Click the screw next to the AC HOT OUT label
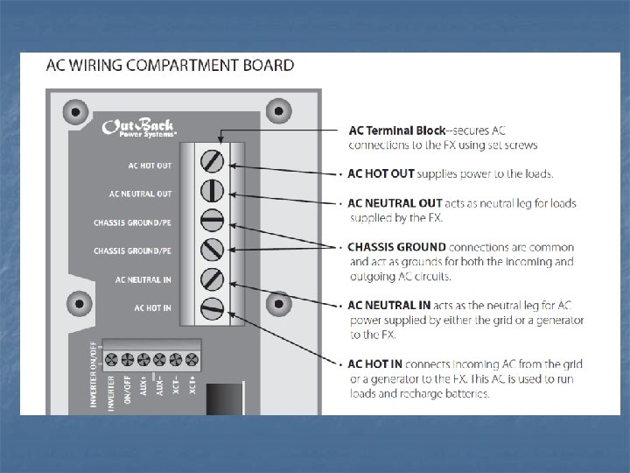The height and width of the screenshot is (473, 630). [213, 161]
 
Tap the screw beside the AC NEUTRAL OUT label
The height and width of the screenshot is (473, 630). [213, 190]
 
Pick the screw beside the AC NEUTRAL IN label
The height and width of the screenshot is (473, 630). [213, 279]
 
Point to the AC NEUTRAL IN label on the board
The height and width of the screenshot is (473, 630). [143, 279]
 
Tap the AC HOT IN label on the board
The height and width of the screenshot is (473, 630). [152, 307]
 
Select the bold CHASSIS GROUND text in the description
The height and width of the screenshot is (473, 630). [396, 247]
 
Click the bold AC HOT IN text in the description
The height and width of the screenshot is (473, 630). [377, 364]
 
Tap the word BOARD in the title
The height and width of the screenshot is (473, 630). [267, 65]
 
